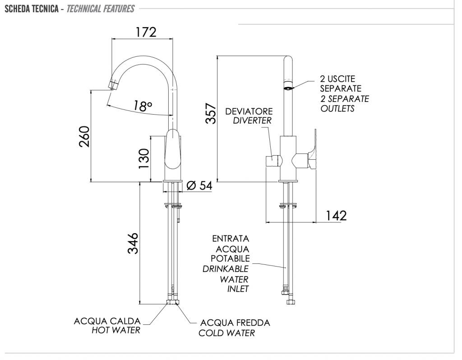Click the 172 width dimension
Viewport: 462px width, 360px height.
[x=146, y=32]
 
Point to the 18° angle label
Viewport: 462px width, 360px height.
[x=143, y=106]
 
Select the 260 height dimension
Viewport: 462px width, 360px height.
[x=84, y=136]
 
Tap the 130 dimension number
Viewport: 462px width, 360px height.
[x=143, y=158]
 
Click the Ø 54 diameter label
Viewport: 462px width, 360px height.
[x=199, y=185]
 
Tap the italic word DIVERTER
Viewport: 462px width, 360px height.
[x=252, y=120]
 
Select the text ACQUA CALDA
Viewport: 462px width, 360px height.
[x=107, y=321]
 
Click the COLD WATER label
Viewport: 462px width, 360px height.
[x=226, y=333]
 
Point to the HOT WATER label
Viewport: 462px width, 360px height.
[x=115, y=330]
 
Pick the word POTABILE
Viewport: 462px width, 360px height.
[x=230, y=258]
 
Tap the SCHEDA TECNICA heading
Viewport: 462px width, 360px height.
[x=31, y=9]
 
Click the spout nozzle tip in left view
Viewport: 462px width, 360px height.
[x=114, y=85]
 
